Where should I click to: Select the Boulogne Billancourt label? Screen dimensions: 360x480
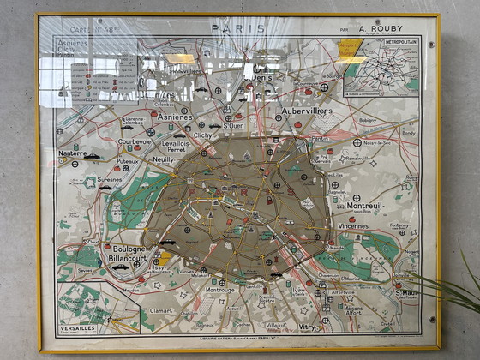pyautogui.click(x=129, y=255)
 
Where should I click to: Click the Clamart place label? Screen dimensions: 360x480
pyautogui.click(x=161, y=311)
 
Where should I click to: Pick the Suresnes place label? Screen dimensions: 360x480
pyautogui.click(x=110, y=181)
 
